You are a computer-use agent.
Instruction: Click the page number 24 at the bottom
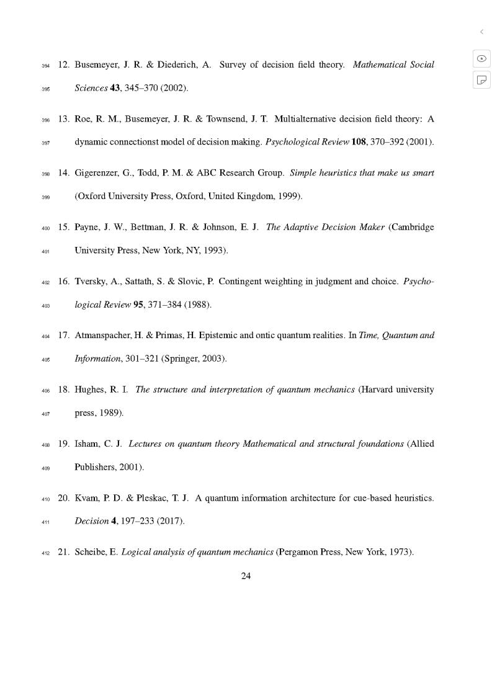(x=246, y=576)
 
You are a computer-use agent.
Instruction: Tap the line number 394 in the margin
(x=45, y=66)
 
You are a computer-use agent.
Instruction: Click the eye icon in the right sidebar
(x=481, y=58)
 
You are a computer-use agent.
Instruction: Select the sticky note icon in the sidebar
(x=481, y=79)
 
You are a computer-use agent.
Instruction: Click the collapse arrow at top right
(x=481, y=32)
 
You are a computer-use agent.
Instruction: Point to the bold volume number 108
(x=359, y=142)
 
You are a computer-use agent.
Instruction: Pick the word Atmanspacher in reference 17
(x=103, y=336)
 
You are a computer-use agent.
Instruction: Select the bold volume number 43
(x=115, y=88)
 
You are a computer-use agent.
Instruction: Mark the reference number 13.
(x=63, y=118)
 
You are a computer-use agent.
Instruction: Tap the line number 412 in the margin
(x=45, y=553)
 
